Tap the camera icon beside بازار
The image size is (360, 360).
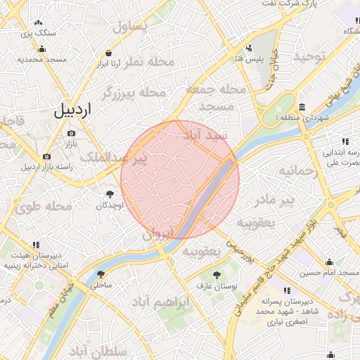(71, 134)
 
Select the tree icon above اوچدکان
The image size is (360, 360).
(110, 194)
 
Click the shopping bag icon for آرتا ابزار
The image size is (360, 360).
(108, 53)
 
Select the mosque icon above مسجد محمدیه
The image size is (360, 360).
(42, 49)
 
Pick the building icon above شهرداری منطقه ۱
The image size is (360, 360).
(302, 107)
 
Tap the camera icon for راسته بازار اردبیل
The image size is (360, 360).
(46, 156)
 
